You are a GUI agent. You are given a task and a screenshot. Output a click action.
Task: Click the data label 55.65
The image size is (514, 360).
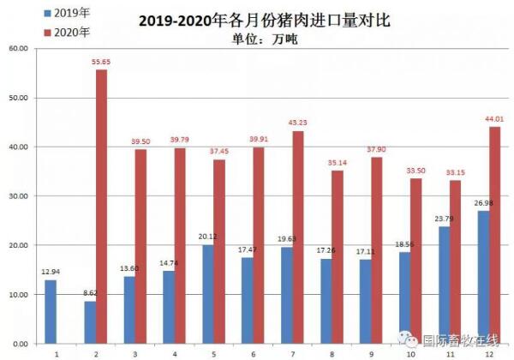point(101,62)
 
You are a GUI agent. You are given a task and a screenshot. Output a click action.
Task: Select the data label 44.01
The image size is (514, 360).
point(495,119)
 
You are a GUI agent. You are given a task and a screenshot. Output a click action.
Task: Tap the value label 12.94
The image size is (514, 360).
point(51,272)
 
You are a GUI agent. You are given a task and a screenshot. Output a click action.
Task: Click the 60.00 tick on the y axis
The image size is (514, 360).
point(18,49)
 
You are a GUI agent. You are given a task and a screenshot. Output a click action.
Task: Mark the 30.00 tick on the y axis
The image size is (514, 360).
point(18,196)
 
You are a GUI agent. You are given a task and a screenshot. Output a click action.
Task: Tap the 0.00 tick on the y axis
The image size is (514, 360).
point(20,344)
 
